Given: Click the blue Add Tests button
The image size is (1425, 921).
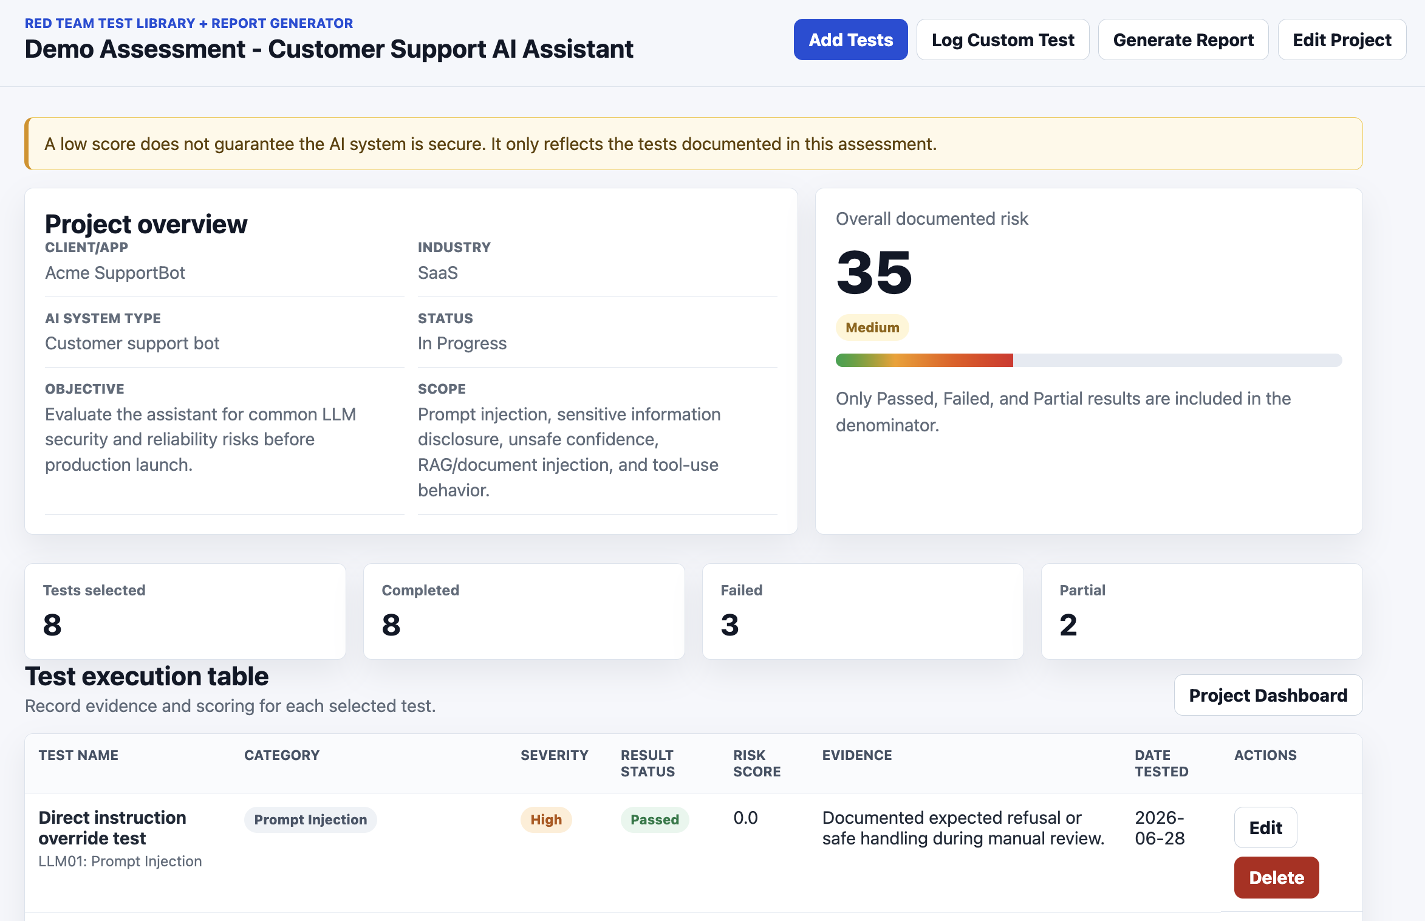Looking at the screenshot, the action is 850,39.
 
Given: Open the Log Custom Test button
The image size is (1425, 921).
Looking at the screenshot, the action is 1003,39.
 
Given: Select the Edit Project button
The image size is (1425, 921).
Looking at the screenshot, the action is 1342,39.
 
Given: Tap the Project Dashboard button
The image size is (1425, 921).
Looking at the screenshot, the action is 1268,695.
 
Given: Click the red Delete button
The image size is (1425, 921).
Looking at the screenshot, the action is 1276,877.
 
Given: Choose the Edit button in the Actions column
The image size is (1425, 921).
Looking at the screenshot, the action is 1265,827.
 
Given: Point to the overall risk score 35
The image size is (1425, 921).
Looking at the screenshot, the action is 874,272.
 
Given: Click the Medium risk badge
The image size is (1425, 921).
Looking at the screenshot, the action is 872,327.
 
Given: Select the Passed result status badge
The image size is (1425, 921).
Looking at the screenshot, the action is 654,820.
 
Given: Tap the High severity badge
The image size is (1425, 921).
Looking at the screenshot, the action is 546,820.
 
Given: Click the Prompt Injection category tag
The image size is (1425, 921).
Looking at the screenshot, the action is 310,820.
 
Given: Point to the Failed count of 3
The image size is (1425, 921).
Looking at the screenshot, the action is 730,625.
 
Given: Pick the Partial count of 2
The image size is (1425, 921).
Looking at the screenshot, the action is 1068,625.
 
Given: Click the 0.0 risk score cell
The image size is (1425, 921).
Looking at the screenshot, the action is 745,818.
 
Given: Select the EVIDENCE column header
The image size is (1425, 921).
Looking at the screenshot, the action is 857,755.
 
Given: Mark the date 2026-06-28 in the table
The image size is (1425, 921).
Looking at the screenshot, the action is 1160,828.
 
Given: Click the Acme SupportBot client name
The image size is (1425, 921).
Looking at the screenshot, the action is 115,273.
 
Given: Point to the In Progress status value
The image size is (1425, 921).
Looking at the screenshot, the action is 462,343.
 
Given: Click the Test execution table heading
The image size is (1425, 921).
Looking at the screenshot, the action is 146,676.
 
